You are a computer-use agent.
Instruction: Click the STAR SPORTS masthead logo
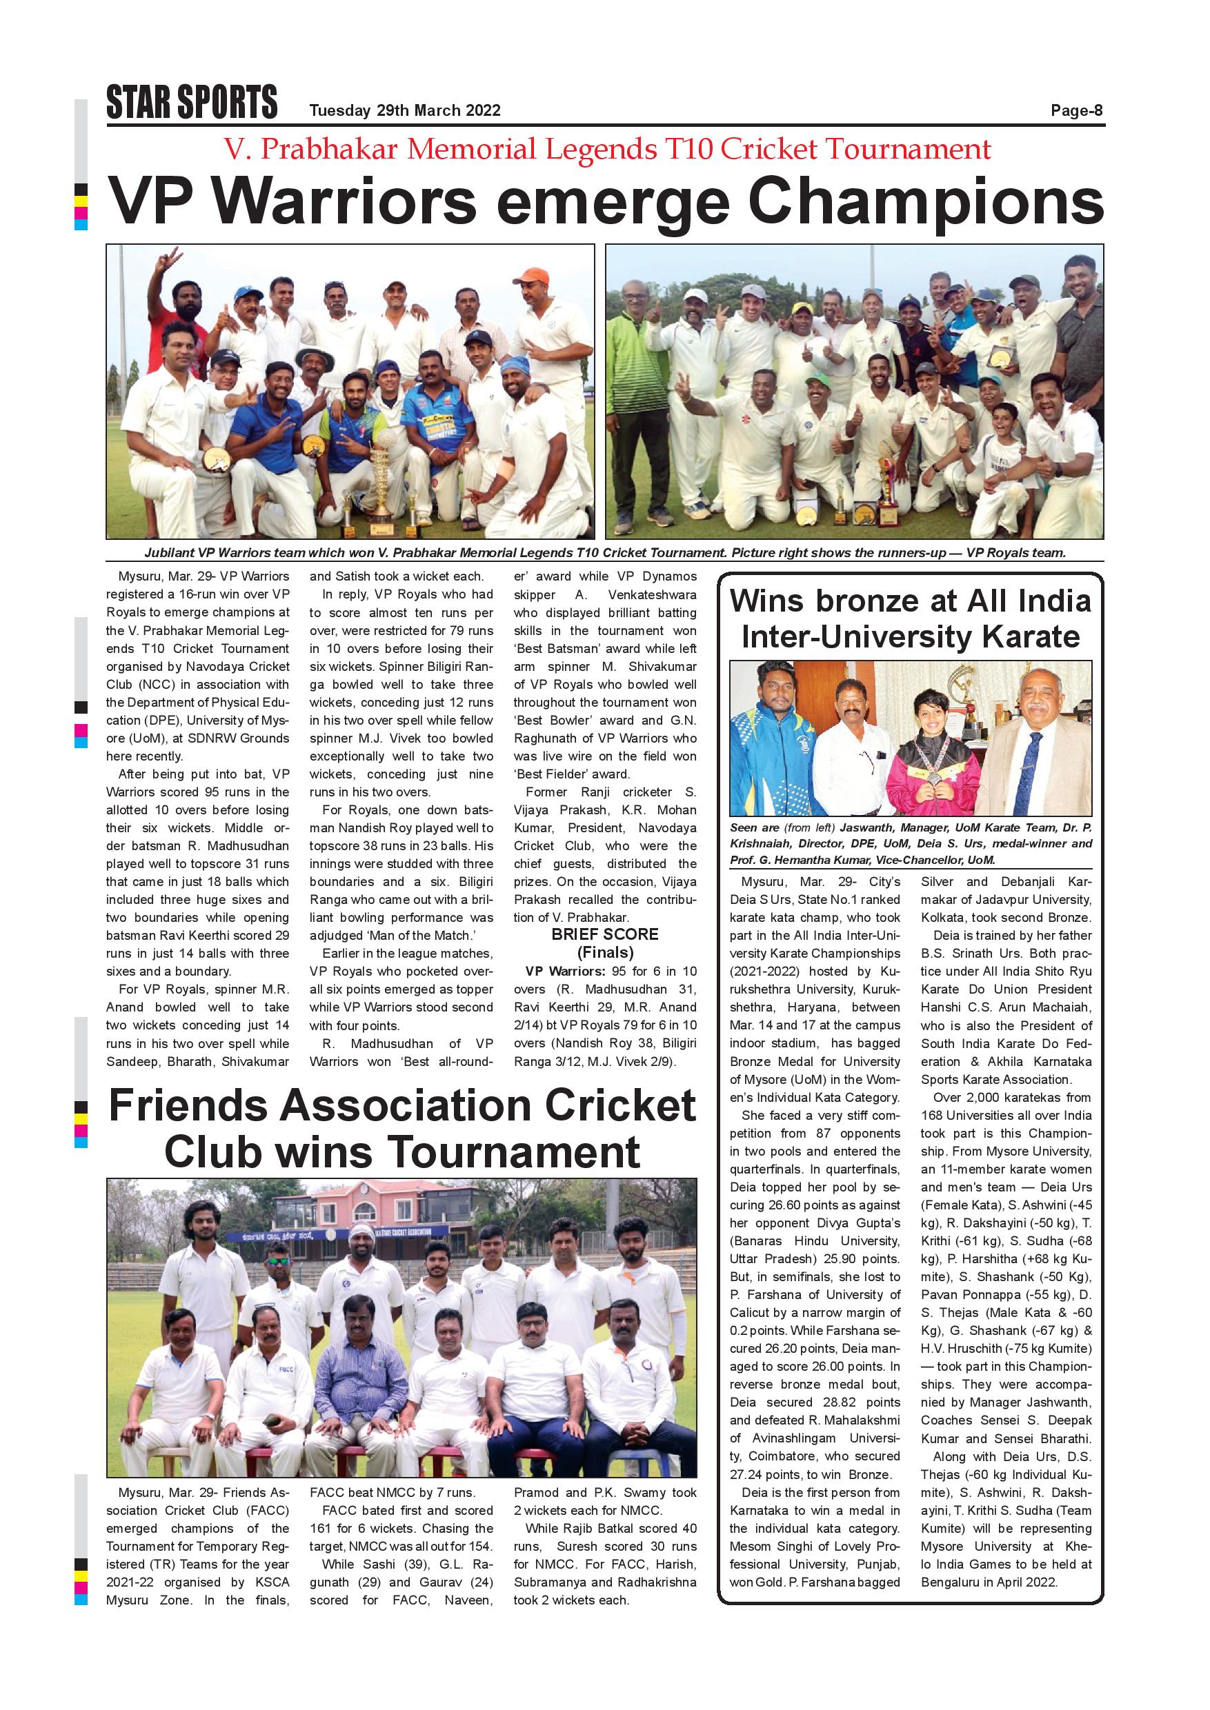(192, 102)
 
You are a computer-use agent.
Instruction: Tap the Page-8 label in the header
(1076, 111)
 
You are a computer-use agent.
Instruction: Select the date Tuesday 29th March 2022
(404, 111)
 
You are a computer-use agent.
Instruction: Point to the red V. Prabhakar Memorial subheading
(606, 150)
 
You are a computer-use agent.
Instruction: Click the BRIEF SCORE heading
(604, 934)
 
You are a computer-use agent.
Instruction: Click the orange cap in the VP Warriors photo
(530, 276)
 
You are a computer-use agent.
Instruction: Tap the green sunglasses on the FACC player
(279, 1261)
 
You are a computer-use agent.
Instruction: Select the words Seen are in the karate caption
(754, 827)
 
